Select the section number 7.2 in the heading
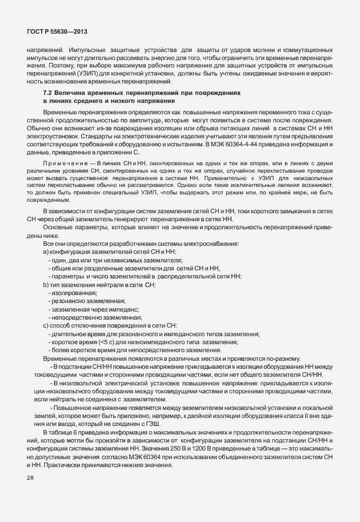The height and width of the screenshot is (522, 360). (49, 91)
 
